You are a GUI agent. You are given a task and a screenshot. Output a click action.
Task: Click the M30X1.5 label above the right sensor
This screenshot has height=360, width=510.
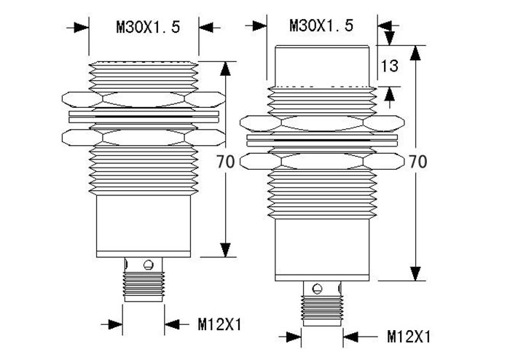[321, 26]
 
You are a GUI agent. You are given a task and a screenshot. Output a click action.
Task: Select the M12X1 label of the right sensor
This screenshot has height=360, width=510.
[409, 337]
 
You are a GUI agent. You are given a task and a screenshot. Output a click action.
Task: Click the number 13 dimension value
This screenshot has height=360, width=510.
[389, 66]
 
